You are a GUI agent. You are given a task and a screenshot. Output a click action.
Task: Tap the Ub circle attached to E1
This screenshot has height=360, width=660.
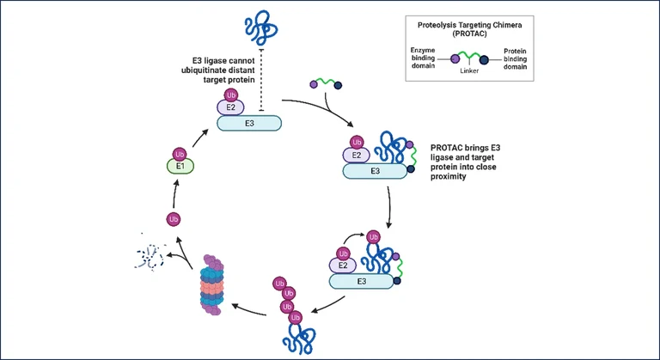(180, 152)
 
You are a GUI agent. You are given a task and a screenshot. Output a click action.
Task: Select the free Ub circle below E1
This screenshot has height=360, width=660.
(174, 219)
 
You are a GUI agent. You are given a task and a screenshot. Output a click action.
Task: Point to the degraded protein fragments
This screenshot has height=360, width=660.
(152, 255)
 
